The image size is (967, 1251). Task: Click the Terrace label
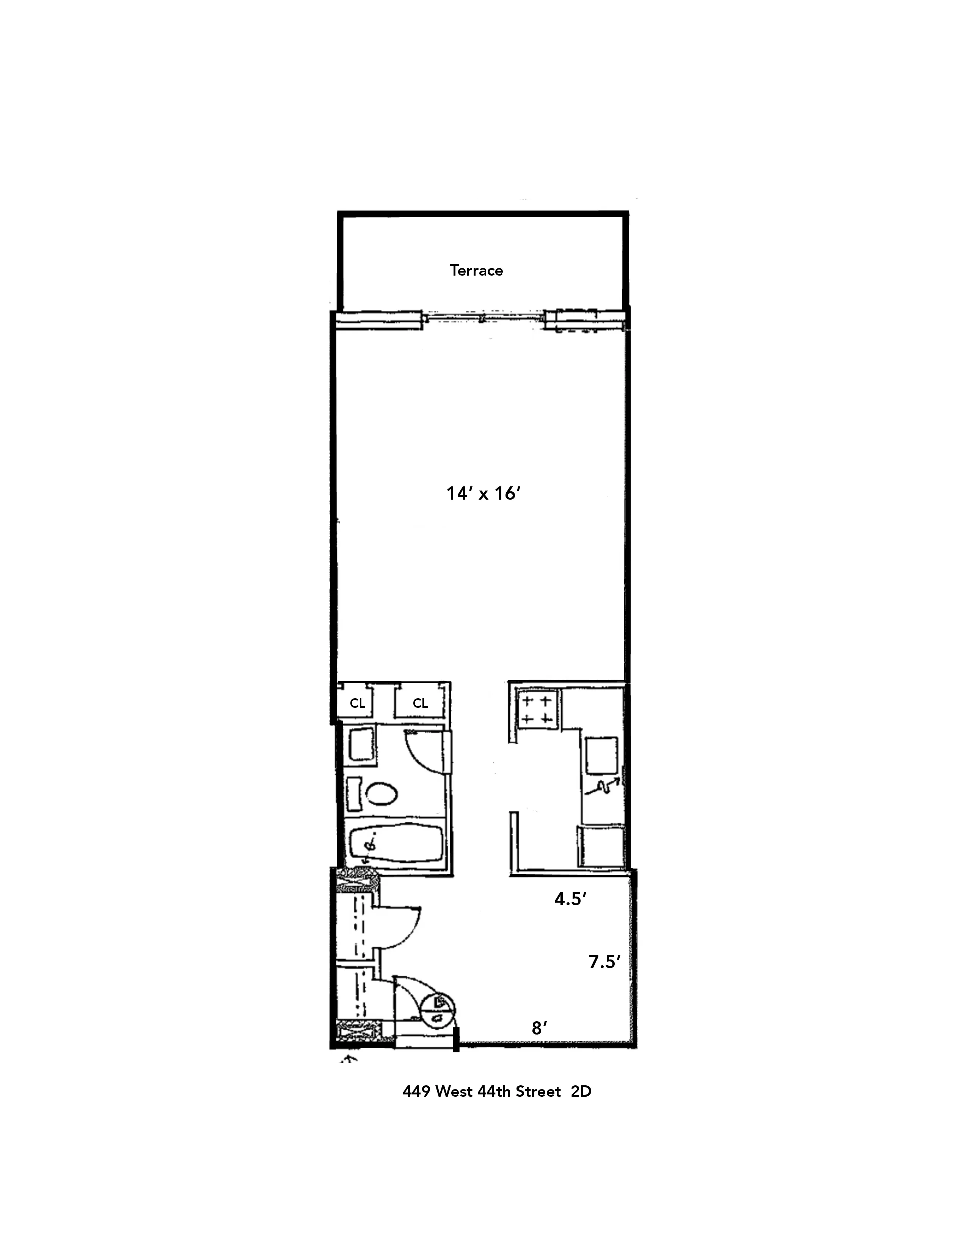(476, 270)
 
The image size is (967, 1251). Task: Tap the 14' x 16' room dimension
(483, 493)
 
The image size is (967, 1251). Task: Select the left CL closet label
(358, 703)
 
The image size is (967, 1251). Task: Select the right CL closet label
(420, 703)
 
